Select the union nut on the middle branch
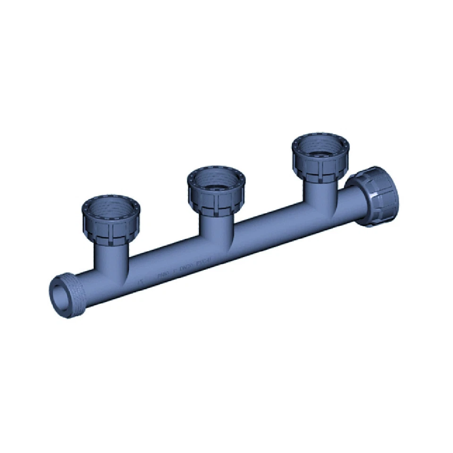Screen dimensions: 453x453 click(x=216, y=196)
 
